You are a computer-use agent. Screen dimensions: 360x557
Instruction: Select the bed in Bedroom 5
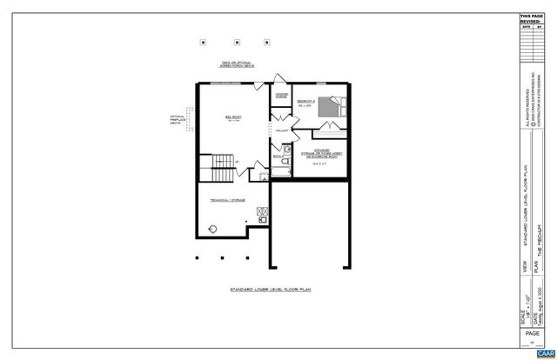pyautogui.click(x=329, y=106)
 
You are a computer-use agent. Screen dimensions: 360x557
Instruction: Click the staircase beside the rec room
pyautogui.click(x=223, y=163)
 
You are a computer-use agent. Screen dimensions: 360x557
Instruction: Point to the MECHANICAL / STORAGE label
pyautogui.click(x=226, y=200)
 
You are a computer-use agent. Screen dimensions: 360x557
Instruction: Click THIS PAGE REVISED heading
pyautogui.click(x=530, y=18)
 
